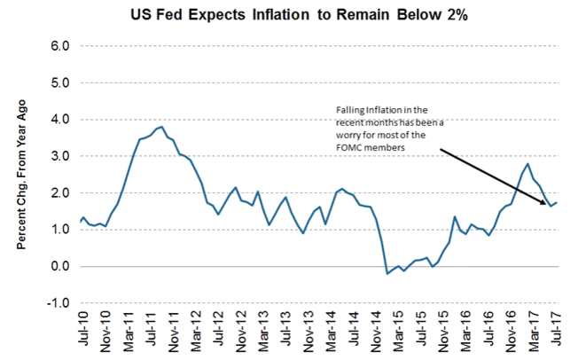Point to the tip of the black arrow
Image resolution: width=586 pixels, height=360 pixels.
click(x=546, y=204)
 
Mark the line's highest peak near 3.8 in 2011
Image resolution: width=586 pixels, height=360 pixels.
click(x=160, y=127)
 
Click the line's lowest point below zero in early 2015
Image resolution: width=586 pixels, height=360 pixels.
click(x=387, y=273)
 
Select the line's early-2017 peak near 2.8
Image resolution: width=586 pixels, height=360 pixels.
click(x=528, y=163)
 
